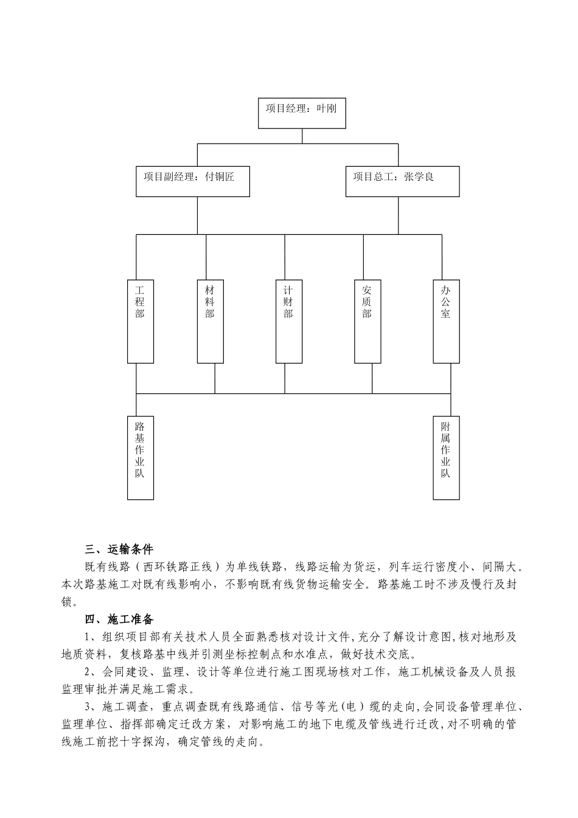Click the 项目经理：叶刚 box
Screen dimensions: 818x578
click(302, 113)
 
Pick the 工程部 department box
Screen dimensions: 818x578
click(141, 321)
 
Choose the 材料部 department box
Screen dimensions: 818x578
click(210, 321)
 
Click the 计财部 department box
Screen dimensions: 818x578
click(288, 321)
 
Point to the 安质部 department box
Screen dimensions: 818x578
click(367, 321)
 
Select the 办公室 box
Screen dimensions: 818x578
click(446, 321)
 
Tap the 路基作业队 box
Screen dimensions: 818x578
click(141, 458)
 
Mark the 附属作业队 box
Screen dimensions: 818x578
click(446, 458)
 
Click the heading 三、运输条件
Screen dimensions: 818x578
click(119, 549)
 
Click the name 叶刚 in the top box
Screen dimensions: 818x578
click(326, 109)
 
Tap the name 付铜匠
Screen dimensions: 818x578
click(220, 177)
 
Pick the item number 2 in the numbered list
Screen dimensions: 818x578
click(88, 673)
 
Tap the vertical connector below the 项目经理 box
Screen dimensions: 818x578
click(302, 136)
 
